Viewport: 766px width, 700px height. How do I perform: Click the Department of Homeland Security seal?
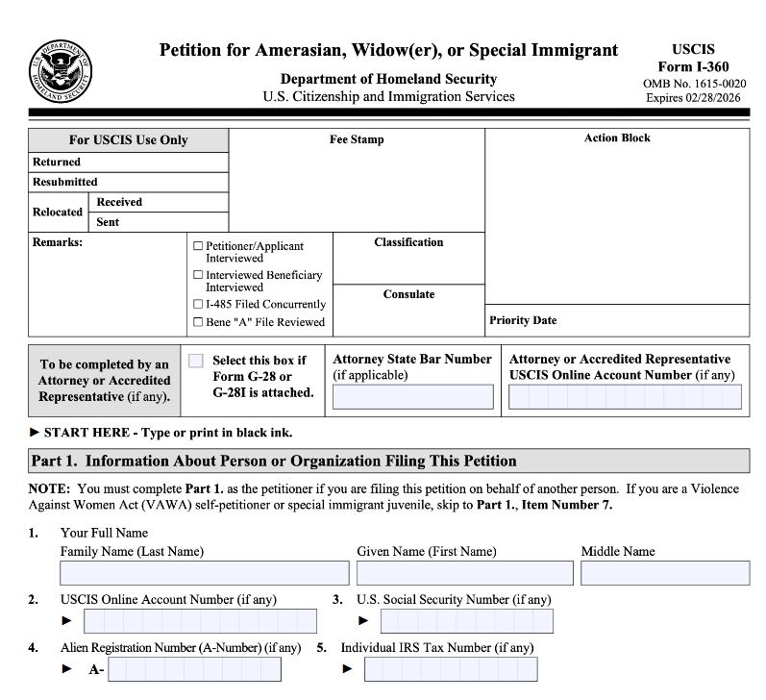61,72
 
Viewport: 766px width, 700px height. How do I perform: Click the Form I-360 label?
693,66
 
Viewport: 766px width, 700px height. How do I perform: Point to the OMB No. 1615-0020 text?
693,83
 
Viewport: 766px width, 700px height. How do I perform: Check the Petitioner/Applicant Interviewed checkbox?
198,246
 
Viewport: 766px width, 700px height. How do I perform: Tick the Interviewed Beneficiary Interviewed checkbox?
198,275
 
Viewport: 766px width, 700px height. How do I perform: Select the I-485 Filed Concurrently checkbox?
198,305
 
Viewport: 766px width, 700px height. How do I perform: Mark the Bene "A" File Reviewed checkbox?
198,322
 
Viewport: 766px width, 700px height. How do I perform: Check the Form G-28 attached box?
196,361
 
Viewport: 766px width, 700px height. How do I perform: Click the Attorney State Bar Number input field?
412,397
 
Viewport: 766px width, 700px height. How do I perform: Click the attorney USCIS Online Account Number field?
625,397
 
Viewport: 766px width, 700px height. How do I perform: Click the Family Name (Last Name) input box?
204,573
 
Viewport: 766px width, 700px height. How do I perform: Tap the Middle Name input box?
664,573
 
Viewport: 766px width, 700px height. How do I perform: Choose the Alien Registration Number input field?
195,669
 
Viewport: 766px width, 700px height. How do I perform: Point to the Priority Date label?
523,320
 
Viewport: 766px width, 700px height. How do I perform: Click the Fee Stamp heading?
357,139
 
